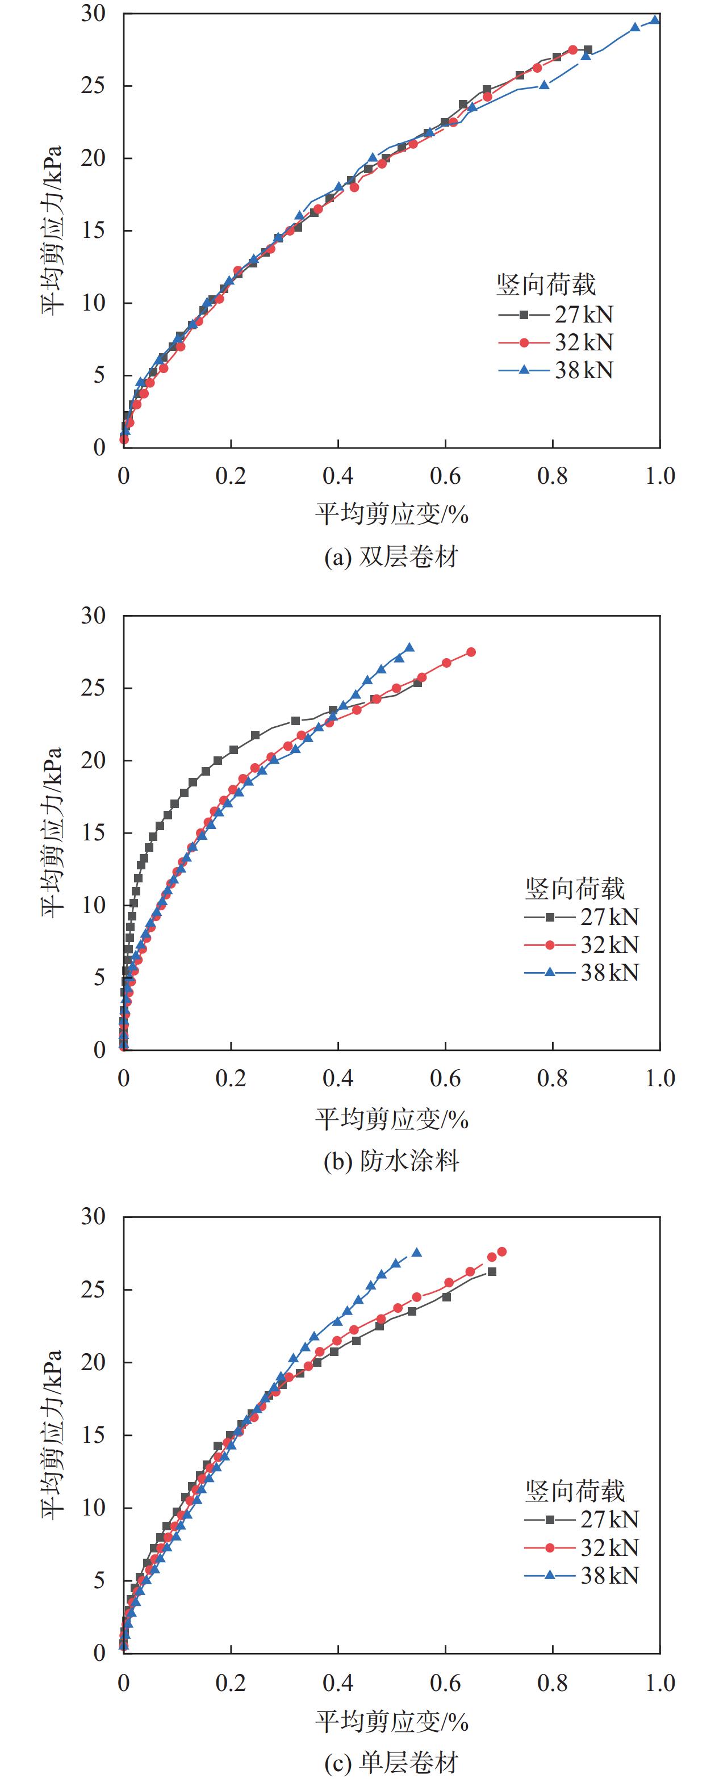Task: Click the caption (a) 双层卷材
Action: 391,557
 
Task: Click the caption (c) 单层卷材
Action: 391,1763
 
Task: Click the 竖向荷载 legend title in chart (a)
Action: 546,284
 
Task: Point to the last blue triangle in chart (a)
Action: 655,20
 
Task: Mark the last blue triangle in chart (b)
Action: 409,648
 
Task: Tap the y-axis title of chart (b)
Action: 52,832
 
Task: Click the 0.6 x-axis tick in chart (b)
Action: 445,1079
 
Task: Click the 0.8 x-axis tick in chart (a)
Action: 553,476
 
